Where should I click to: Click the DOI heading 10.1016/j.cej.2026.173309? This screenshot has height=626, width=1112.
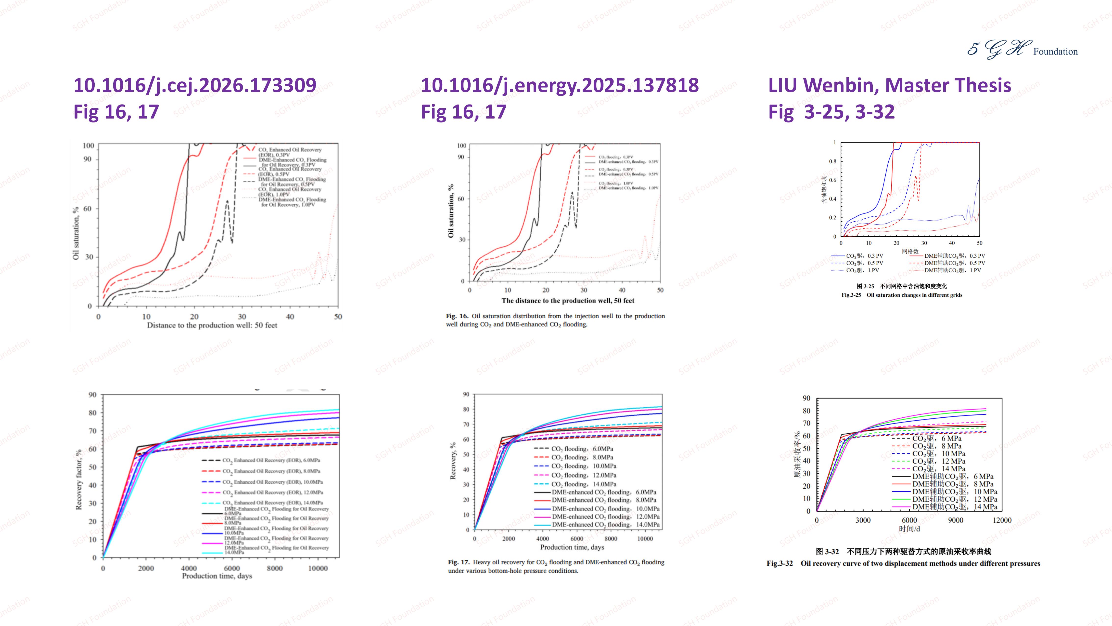(195, 85)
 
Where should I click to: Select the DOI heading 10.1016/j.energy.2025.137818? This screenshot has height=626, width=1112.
(560, 85)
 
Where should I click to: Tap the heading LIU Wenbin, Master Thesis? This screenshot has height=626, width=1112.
(889, 85)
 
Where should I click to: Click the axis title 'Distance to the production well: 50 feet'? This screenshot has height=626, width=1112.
(212, 325)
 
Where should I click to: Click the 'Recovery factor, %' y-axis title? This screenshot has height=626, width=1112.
(78, 479)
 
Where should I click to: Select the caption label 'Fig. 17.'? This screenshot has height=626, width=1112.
(459, 562)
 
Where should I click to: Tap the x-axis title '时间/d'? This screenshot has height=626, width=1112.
(909, 529)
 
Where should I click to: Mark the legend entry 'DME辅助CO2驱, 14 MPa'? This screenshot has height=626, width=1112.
(954, 507)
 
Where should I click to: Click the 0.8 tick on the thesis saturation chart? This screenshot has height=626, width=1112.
(832, 161)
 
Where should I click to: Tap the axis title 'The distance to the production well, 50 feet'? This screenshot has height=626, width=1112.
(568, 301)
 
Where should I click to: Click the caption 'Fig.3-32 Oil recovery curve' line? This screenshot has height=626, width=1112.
(903, 563)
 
